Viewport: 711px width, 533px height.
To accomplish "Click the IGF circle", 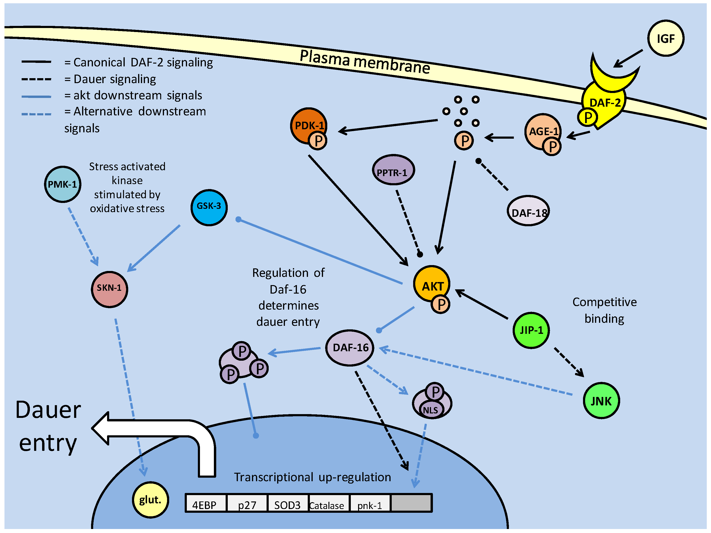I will point(665,38).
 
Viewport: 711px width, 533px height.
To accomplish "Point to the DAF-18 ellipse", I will point(528,211).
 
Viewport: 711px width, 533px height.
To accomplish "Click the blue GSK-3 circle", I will point(209,207).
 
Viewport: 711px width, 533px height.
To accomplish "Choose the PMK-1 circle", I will point(62,184).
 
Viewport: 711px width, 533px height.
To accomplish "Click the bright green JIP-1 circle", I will point(531,330).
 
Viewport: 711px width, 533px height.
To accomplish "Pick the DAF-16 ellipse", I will point(350,347).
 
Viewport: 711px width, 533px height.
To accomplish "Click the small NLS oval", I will point(431,410).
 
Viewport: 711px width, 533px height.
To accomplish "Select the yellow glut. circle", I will point(150,500).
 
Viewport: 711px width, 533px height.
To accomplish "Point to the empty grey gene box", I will point(411,503).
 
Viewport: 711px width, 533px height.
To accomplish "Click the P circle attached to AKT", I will point(441,304).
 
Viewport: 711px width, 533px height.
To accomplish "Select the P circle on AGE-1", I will point(552,147).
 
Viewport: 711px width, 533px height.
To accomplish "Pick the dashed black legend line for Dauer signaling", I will point(36,79).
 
